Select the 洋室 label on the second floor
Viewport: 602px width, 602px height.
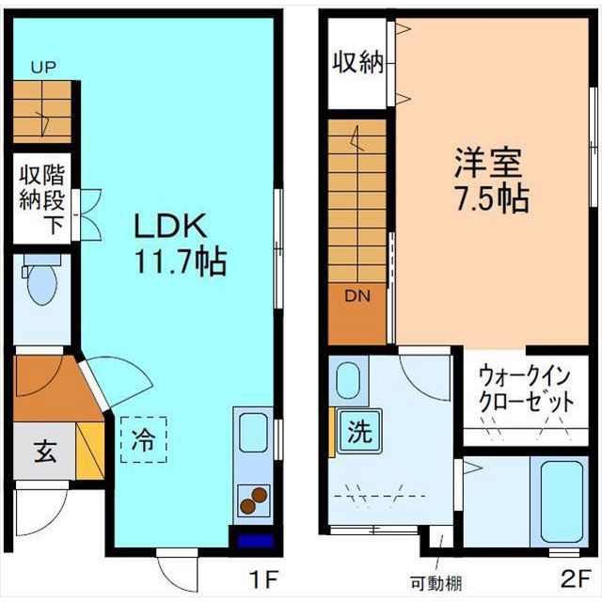coord(486,163)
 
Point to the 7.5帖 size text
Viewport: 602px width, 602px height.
coord(487,198)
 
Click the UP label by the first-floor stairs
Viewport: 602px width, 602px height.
coord(41,67)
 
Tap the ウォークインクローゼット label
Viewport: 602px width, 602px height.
coord(525,387)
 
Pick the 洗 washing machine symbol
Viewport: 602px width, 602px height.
coord(358,433)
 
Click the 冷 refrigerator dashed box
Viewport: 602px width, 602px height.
coord(143,438)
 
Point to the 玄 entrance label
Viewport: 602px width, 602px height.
coord(44,451)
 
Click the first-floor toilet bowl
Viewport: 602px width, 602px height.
coord(41,285)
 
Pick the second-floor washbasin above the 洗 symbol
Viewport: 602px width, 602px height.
coord(348,382)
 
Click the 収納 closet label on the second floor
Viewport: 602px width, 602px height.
coord(357,63)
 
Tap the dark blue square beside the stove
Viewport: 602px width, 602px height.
coord(253,542)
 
